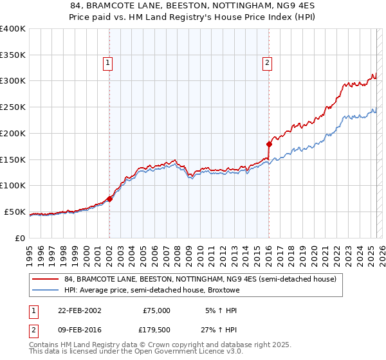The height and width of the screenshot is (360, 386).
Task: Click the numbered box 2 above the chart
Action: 266,62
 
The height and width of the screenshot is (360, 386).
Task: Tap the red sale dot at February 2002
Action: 109,199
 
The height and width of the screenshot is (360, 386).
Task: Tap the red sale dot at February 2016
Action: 269,144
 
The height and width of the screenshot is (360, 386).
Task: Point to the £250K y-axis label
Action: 12,107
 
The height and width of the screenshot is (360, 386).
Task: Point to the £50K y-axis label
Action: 15,212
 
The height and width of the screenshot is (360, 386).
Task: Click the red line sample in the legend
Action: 45,280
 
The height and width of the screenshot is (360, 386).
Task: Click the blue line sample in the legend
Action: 45,290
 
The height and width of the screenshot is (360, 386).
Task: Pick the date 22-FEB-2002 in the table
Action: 79,310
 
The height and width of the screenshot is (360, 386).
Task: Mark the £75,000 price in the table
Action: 156,310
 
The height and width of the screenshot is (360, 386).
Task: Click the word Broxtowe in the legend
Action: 222,290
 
